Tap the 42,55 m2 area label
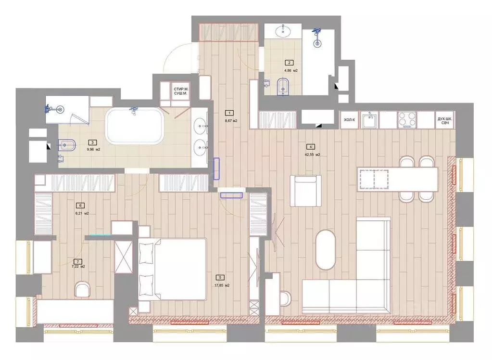click(x=312, y=155)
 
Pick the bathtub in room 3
click(x=134, y=126)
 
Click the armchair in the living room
click(x=305, y=190)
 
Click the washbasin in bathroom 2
click(x=282, y=32)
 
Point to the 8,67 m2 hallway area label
click(x=232, y=120)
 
